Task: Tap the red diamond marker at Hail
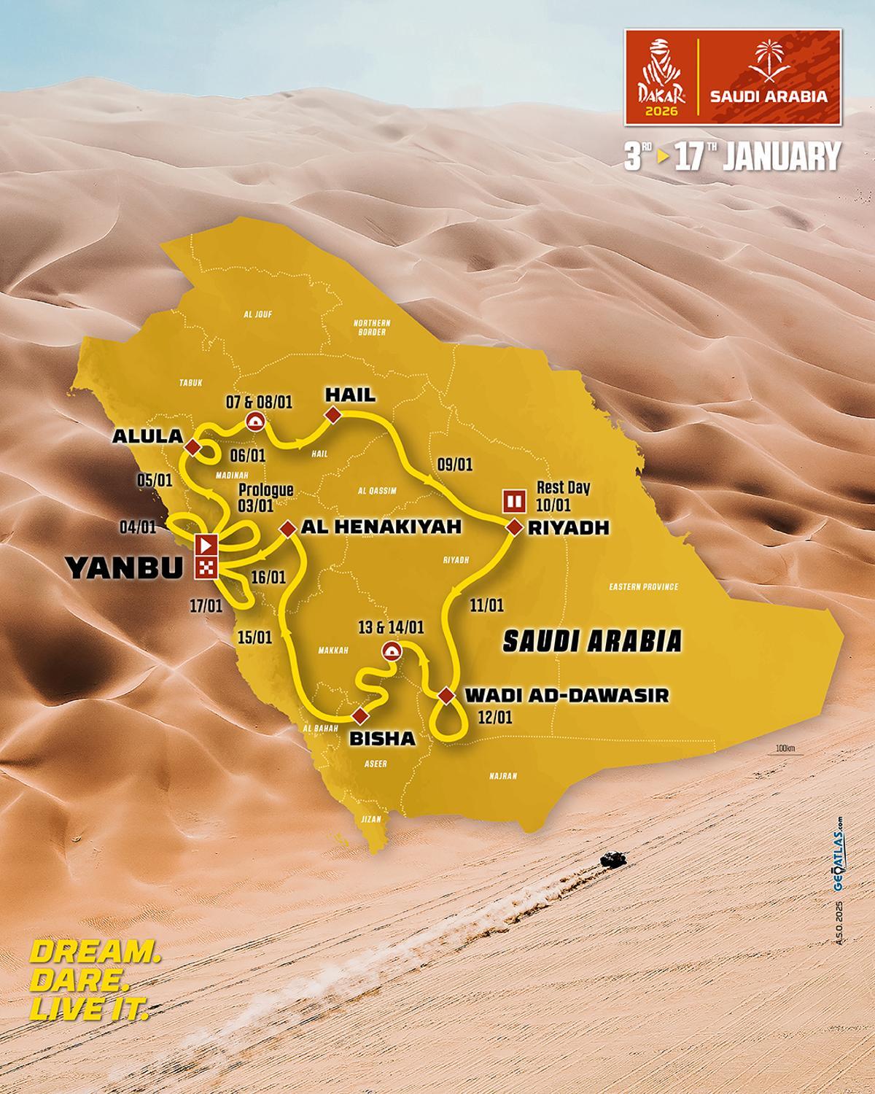pyautogui.click(x=333, y=416)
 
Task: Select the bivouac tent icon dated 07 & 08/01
pyautogui.click(x=254, y=421)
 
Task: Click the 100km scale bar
pyautogui.click(x=784, y=751)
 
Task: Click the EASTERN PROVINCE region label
pyautogui.click(x=644, y=586)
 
